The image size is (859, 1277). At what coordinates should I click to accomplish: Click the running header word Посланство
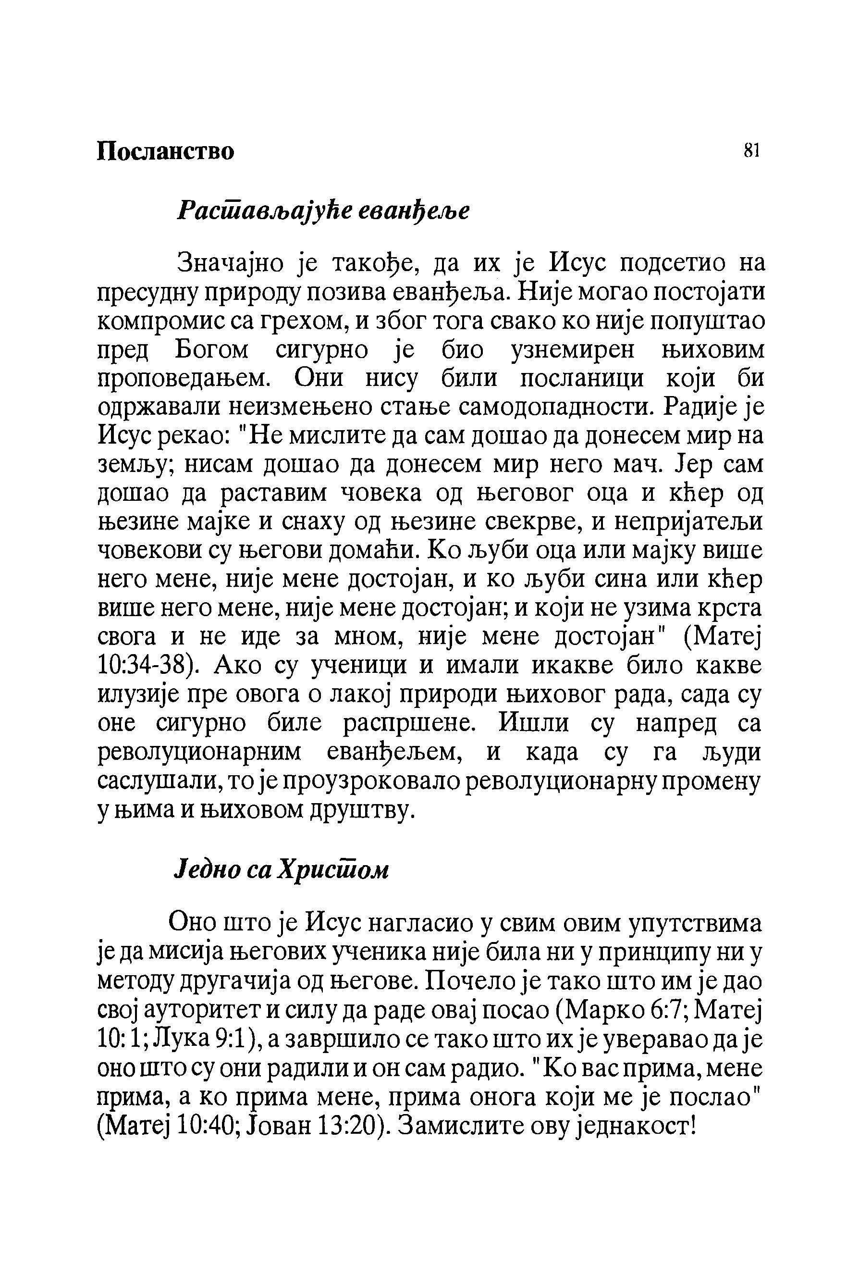coord(165,151)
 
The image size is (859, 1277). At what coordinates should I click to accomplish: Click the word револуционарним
coord(199,753)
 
